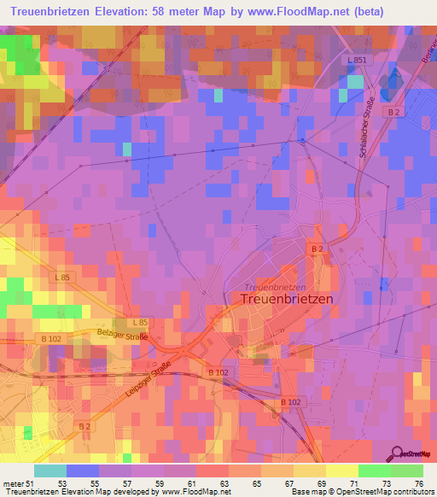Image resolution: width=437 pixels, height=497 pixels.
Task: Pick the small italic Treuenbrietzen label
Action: pos(274,287)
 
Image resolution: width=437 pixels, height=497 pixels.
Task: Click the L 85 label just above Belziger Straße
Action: pos(141,322)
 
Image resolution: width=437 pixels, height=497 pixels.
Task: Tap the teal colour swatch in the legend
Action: pos(50,471)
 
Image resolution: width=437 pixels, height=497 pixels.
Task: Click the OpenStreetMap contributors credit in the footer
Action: pos(387,492)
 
